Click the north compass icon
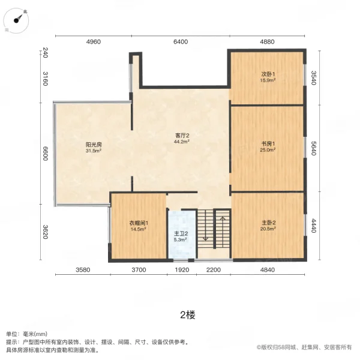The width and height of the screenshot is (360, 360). [x=19, y=19]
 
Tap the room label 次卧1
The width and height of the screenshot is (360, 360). [x=268, y=73]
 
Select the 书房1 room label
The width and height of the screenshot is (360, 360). [x=268, y=144]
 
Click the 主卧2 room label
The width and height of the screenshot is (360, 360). [x=268, y=223]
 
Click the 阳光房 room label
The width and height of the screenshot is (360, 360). [x=94, y=145]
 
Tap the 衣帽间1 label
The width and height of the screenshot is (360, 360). [x=138, y=223]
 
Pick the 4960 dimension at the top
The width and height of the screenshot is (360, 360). [x=94, y=42]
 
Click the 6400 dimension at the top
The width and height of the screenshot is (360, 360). [x=180, y=42]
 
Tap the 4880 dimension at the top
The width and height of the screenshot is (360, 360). [x=267, y=42]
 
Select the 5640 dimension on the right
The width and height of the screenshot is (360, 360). [x=313, y=148]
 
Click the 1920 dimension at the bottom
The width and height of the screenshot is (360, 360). [x=182, y=270]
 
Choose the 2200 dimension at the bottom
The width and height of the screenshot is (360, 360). [x=214, y=270]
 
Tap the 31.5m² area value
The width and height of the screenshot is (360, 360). [x=94, y=151]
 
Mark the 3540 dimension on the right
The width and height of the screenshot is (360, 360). [x=313, y=78]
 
